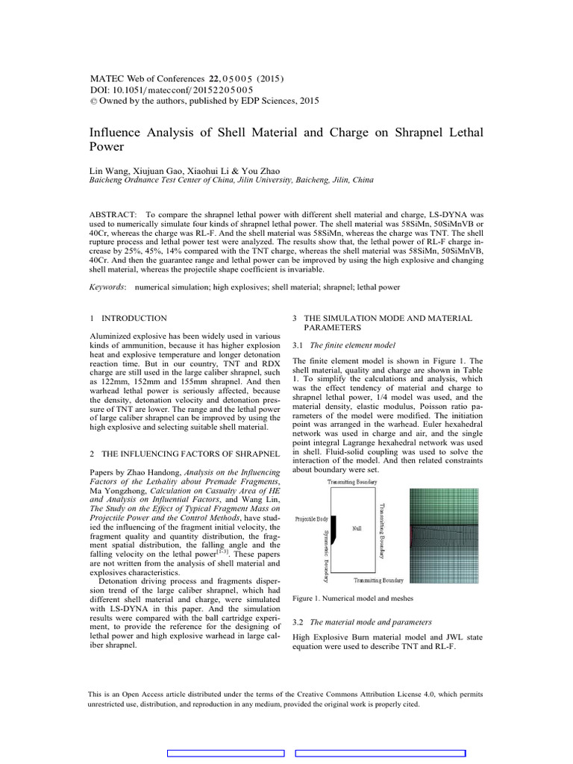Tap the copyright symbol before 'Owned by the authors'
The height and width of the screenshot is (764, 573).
(93, 101)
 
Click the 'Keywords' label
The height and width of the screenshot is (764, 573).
(107, 286)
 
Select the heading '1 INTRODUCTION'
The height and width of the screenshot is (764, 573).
(128, 319)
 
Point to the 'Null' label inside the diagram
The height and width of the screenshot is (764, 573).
(357, 527)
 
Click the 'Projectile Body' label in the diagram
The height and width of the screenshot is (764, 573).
(311, 518)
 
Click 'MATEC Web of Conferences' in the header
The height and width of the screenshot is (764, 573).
(146, 78)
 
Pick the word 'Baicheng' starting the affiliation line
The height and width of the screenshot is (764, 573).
(107, 181)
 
